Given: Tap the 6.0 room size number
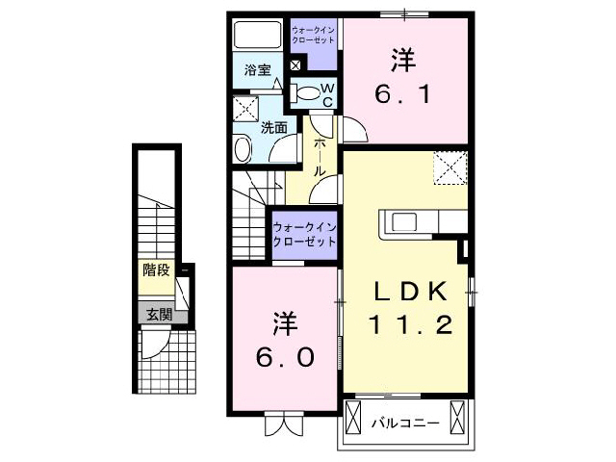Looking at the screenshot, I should (x=284, y=356).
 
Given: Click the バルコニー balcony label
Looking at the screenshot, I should (x=405, y=422).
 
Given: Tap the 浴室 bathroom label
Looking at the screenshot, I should (x=255, y=69).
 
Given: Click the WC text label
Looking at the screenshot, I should (x=326, y=95).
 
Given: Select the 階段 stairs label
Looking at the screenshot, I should (x=156, y=269).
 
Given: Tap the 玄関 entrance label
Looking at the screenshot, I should (x=159, y=314).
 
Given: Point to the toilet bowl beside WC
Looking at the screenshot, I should (x=307, y=94).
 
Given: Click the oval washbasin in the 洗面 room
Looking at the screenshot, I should (x=243, y=150).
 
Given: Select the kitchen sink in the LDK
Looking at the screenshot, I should (x=402, y=222).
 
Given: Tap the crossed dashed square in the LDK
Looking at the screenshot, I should (x=449, y=168).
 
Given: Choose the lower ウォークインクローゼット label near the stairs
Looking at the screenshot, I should (x=304, y=234).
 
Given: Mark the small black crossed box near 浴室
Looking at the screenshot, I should (x=295, y=65).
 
